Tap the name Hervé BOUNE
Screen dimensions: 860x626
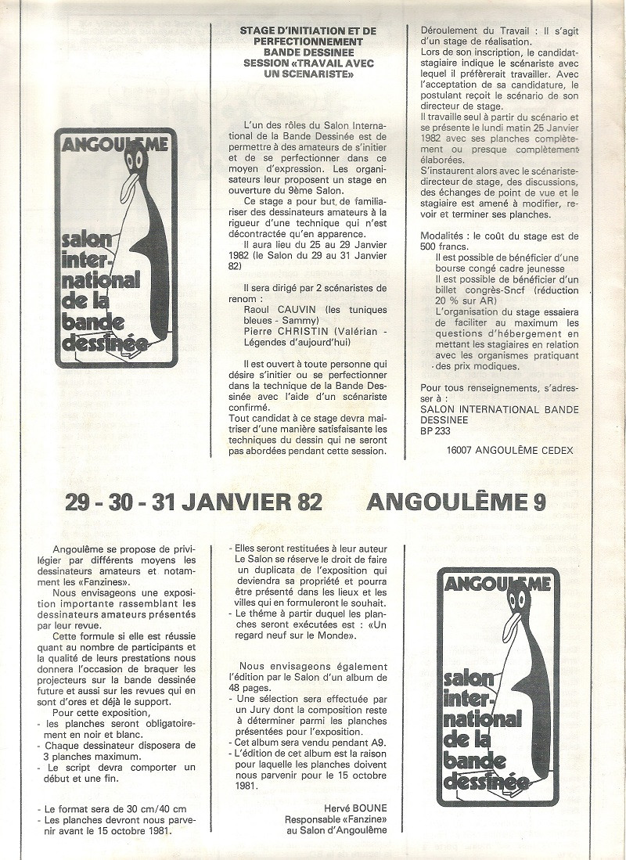click(355, 807)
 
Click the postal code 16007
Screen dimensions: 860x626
click(461, 450)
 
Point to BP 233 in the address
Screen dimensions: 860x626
click(437, 430)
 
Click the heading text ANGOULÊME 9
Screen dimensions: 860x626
click(456, 502)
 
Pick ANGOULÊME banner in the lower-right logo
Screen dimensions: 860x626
click(498, 584)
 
